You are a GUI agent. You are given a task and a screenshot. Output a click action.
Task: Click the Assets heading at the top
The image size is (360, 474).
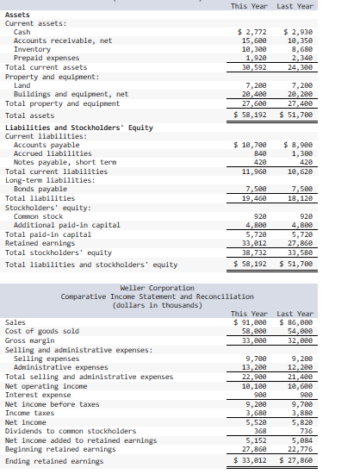[x=17, y=15]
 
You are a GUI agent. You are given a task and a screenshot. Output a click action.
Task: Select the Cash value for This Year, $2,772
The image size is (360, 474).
[x=251, y=32]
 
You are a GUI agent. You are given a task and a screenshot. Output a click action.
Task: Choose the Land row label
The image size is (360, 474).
[x=22, y=85]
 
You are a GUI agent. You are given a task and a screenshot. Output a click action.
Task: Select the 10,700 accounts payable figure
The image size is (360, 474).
[x=251, y=145]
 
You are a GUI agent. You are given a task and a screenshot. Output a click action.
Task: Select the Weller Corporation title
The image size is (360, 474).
[x=146, y=287]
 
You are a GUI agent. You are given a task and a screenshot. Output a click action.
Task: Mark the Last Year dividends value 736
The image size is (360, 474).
[x=303, y=430]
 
